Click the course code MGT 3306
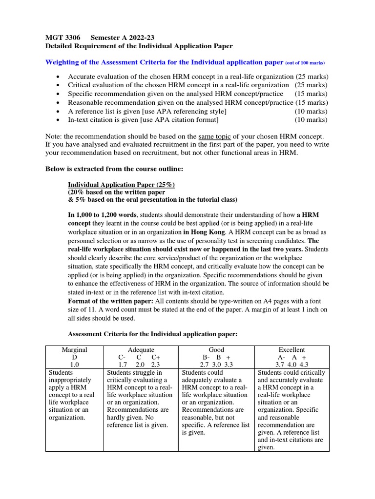[61, 37]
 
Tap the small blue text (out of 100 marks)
[305, 63]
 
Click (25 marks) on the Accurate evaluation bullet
[312, 77]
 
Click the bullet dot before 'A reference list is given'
[59, 111]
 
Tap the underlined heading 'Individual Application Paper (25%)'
[121, 185]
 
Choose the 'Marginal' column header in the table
[75, 350]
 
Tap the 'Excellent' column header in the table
[292, 350]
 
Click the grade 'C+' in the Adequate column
[156, 357]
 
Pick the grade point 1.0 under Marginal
[75, 365]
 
